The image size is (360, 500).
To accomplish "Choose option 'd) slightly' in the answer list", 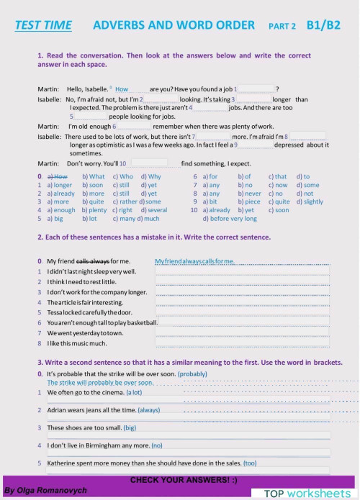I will (x=309, y=202).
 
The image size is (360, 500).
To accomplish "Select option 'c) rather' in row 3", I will (x=125, y=202).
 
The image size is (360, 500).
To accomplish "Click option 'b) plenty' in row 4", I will (x=94, y=211).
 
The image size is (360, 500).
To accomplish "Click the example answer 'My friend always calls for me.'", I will (x=194, y=260).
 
